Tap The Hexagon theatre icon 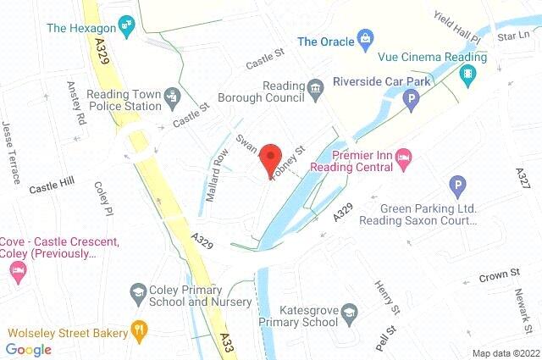pos(128,26)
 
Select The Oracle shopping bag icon pos(365,39)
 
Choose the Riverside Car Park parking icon pos(411,102)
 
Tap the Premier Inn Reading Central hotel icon pos(404,157)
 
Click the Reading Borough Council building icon pos(315,87)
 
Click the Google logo pos(29,349)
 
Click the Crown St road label pos(498,275)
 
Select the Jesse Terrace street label pos(11,153)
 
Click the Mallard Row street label pos(218,174)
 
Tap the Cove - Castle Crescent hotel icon pos(18,269)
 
